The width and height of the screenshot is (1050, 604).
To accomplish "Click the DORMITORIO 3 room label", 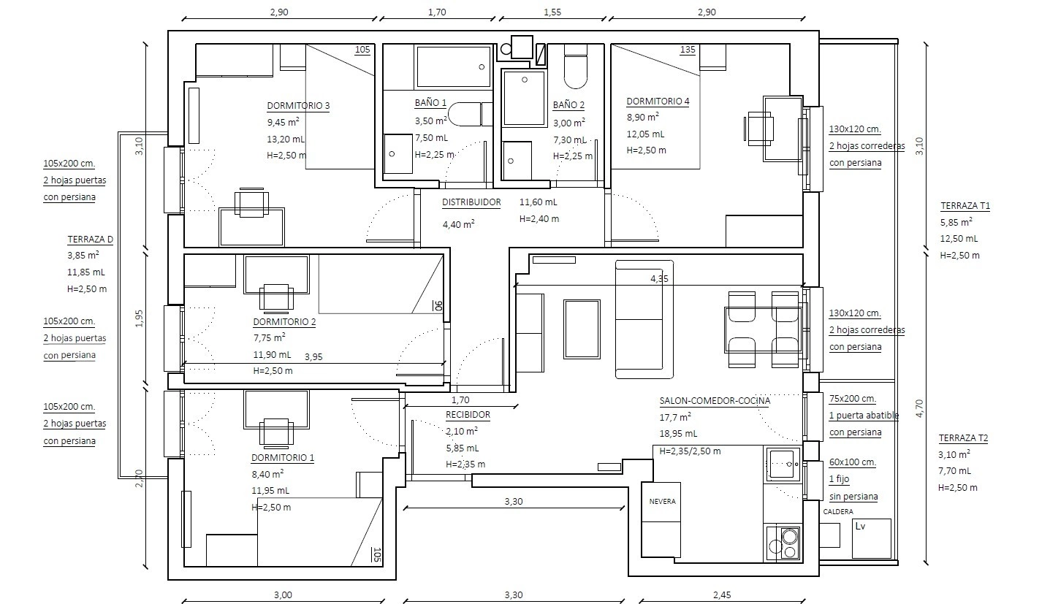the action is [x=298, y=105].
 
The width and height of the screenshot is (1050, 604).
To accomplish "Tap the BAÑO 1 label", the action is [x=430, y=103].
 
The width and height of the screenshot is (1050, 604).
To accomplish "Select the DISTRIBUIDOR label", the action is [x=471, y=202].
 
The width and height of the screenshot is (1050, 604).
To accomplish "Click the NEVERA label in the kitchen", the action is [x=662, y=501].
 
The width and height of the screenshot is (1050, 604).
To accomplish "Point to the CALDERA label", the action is [x=838, y=512].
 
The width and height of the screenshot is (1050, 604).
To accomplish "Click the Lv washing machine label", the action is [x=860, y=526].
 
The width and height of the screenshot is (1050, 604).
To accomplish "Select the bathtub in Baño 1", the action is [x=453, y=66].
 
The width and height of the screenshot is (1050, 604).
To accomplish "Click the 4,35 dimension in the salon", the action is [x=659, y=279].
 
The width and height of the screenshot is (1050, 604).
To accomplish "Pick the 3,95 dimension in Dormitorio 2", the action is [x=313, y=357].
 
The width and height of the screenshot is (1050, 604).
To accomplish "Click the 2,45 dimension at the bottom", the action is [x=722, y=595].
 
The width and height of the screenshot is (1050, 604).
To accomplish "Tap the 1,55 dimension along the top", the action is [x=552, y=12].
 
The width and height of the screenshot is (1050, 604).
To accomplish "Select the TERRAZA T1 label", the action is [x=965, y=206].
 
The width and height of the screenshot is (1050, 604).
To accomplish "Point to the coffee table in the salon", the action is [x=582, y=329].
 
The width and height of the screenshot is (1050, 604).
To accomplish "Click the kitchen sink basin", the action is [x=783, y=464].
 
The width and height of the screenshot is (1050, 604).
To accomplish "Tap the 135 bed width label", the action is [x=687, y=50].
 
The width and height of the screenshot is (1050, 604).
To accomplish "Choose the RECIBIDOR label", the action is [x=468, y=415].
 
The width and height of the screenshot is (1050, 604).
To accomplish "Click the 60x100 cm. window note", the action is [x=853, y=462].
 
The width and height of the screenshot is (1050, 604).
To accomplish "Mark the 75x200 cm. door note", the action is [x=853, y=399].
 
